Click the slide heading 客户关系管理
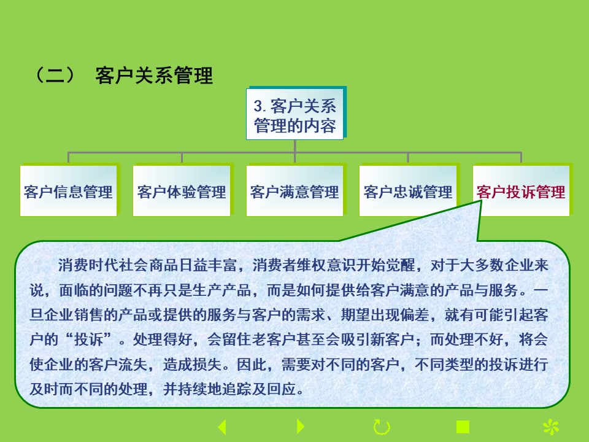154,75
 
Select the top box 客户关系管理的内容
295,114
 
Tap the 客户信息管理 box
68,191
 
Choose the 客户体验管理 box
182,191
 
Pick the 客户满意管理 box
295,191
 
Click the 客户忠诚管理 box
408,191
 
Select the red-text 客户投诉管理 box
521,191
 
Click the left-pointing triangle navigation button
222,427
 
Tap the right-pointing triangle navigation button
300,427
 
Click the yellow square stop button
463,427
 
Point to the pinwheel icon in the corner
551,427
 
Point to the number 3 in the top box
258,106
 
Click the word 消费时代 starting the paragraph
88,265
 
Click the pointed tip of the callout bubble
481,201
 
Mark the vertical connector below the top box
295,146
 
